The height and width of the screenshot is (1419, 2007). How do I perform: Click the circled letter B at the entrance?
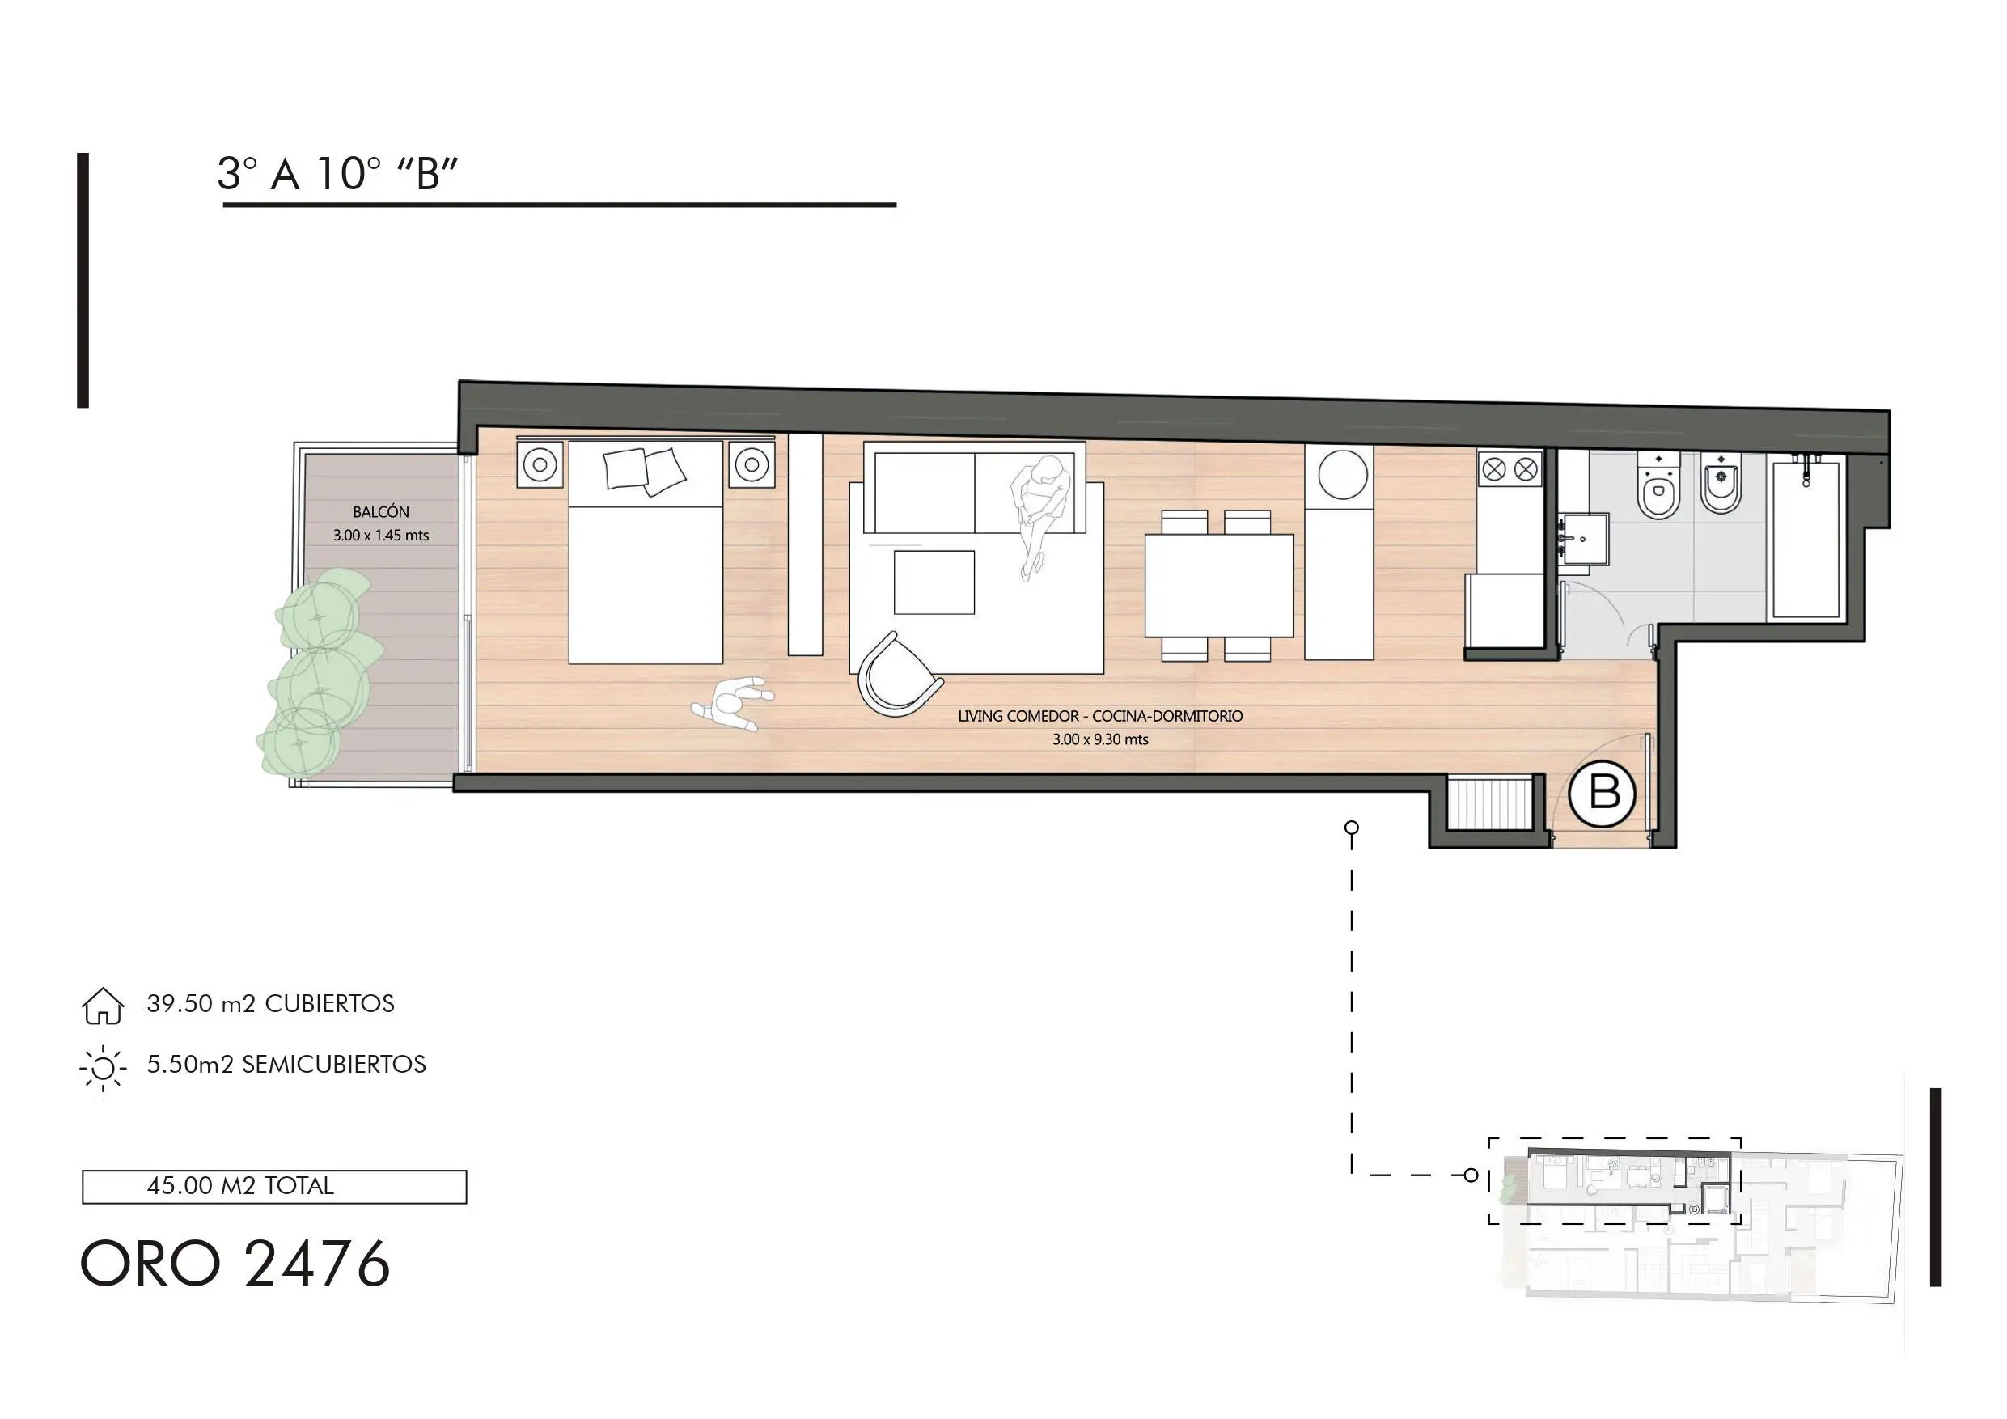(x=1602, y=793)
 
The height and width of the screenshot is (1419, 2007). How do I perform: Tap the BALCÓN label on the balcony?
(x=380, y=511)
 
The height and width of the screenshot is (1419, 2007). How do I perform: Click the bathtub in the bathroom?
(x=1806, y=539)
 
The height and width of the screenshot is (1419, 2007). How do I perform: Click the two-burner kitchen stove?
(x=1509, y=469)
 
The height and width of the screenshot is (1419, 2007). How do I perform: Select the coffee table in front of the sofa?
(x=934, y=582)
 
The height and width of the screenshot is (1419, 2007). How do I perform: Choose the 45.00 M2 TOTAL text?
(x=240, y=1187)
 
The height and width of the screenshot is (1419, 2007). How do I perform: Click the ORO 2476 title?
(x=235, y=1264)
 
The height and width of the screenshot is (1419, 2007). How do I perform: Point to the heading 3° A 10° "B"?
(x=337, y=174)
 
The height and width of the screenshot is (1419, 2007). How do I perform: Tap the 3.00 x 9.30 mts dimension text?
(x=1099, y=739)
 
